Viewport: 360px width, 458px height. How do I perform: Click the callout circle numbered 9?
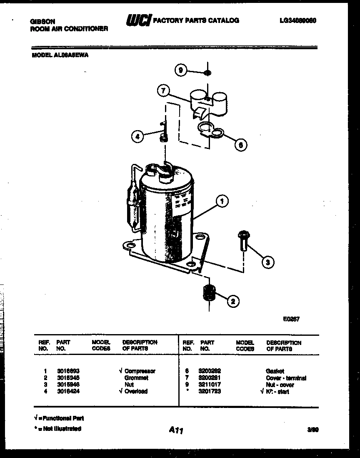tap(180, 70)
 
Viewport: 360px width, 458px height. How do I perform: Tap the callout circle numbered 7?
tap(163, 91)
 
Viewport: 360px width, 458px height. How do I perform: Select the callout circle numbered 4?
tap(137, 136)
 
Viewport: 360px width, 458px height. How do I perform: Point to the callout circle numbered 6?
tap(240, 144)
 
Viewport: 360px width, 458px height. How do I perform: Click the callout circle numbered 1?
tap(222, 201)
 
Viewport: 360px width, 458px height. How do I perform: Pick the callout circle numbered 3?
tap(268, 262)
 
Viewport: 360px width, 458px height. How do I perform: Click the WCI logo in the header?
tap(138, 20)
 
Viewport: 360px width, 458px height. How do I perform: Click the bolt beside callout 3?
tap(243, 241)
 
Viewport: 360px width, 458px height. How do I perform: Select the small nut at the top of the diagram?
tap(207, 73)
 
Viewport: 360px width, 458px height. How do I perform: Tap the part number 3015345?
tap(68, 377)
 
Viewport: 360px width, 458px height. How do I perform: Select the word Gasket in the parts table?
tap(275, 371)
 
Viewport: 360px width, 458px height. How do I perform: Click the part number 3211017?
tap(210, 385)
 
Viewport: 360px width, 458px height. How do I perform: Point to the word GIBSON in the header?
tap(42, 21)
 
